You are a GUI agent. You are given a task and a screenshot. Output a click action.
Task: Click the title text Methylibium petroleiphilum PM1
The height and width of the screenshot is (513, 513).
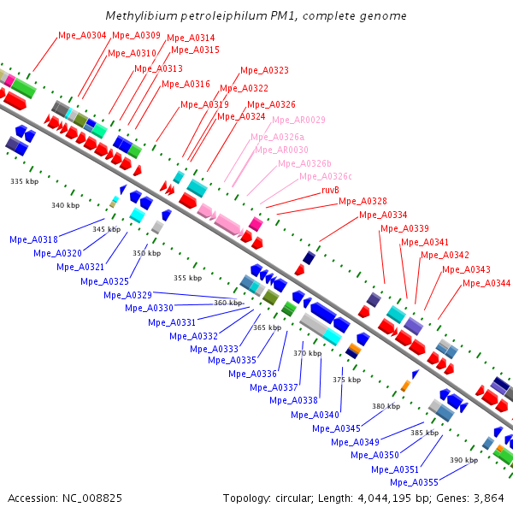(256, 16)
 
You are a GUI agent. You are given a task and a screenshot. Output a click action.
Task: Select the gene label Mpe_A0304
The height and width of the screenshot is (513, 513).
(82, 35)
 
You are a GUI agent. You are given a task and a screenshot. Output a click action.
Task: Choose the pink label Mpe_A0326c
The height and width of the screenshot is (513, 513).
(326, 176)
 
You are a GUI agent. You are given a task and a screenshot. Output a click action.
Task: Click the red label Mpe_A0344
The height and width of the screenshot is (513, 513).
(486, 283)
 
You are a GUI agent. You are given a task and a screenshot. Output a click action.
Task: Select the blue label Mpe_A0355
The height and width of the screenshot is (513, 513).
(414, 482)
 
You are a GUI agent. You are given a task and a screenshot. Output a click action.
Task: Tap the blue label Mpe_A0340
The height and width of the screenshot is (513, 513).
(315, 415)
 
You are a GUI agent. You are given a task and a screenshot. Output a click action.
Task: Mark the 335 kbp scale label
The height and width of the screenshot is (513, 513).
(24, 182)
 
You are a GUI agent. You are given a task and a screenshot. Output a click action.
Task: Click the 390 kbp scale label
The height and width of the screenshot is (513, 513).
(463, 460)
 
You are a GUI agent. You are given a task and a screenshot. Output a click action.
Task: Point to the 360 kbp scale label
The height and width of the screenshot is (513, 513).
(228, 303)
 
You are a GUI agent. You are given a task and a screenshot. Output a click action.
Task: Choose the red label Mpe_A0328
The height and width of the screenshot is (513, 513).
(363, 202)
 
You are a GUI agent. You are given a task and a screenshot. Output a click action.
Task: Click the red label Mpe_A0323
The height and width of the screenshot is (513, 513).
(264, 70)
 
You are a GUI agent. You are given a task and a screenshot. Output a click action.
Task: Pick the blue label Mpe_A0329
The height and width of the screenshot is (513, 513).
(127, 295)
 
